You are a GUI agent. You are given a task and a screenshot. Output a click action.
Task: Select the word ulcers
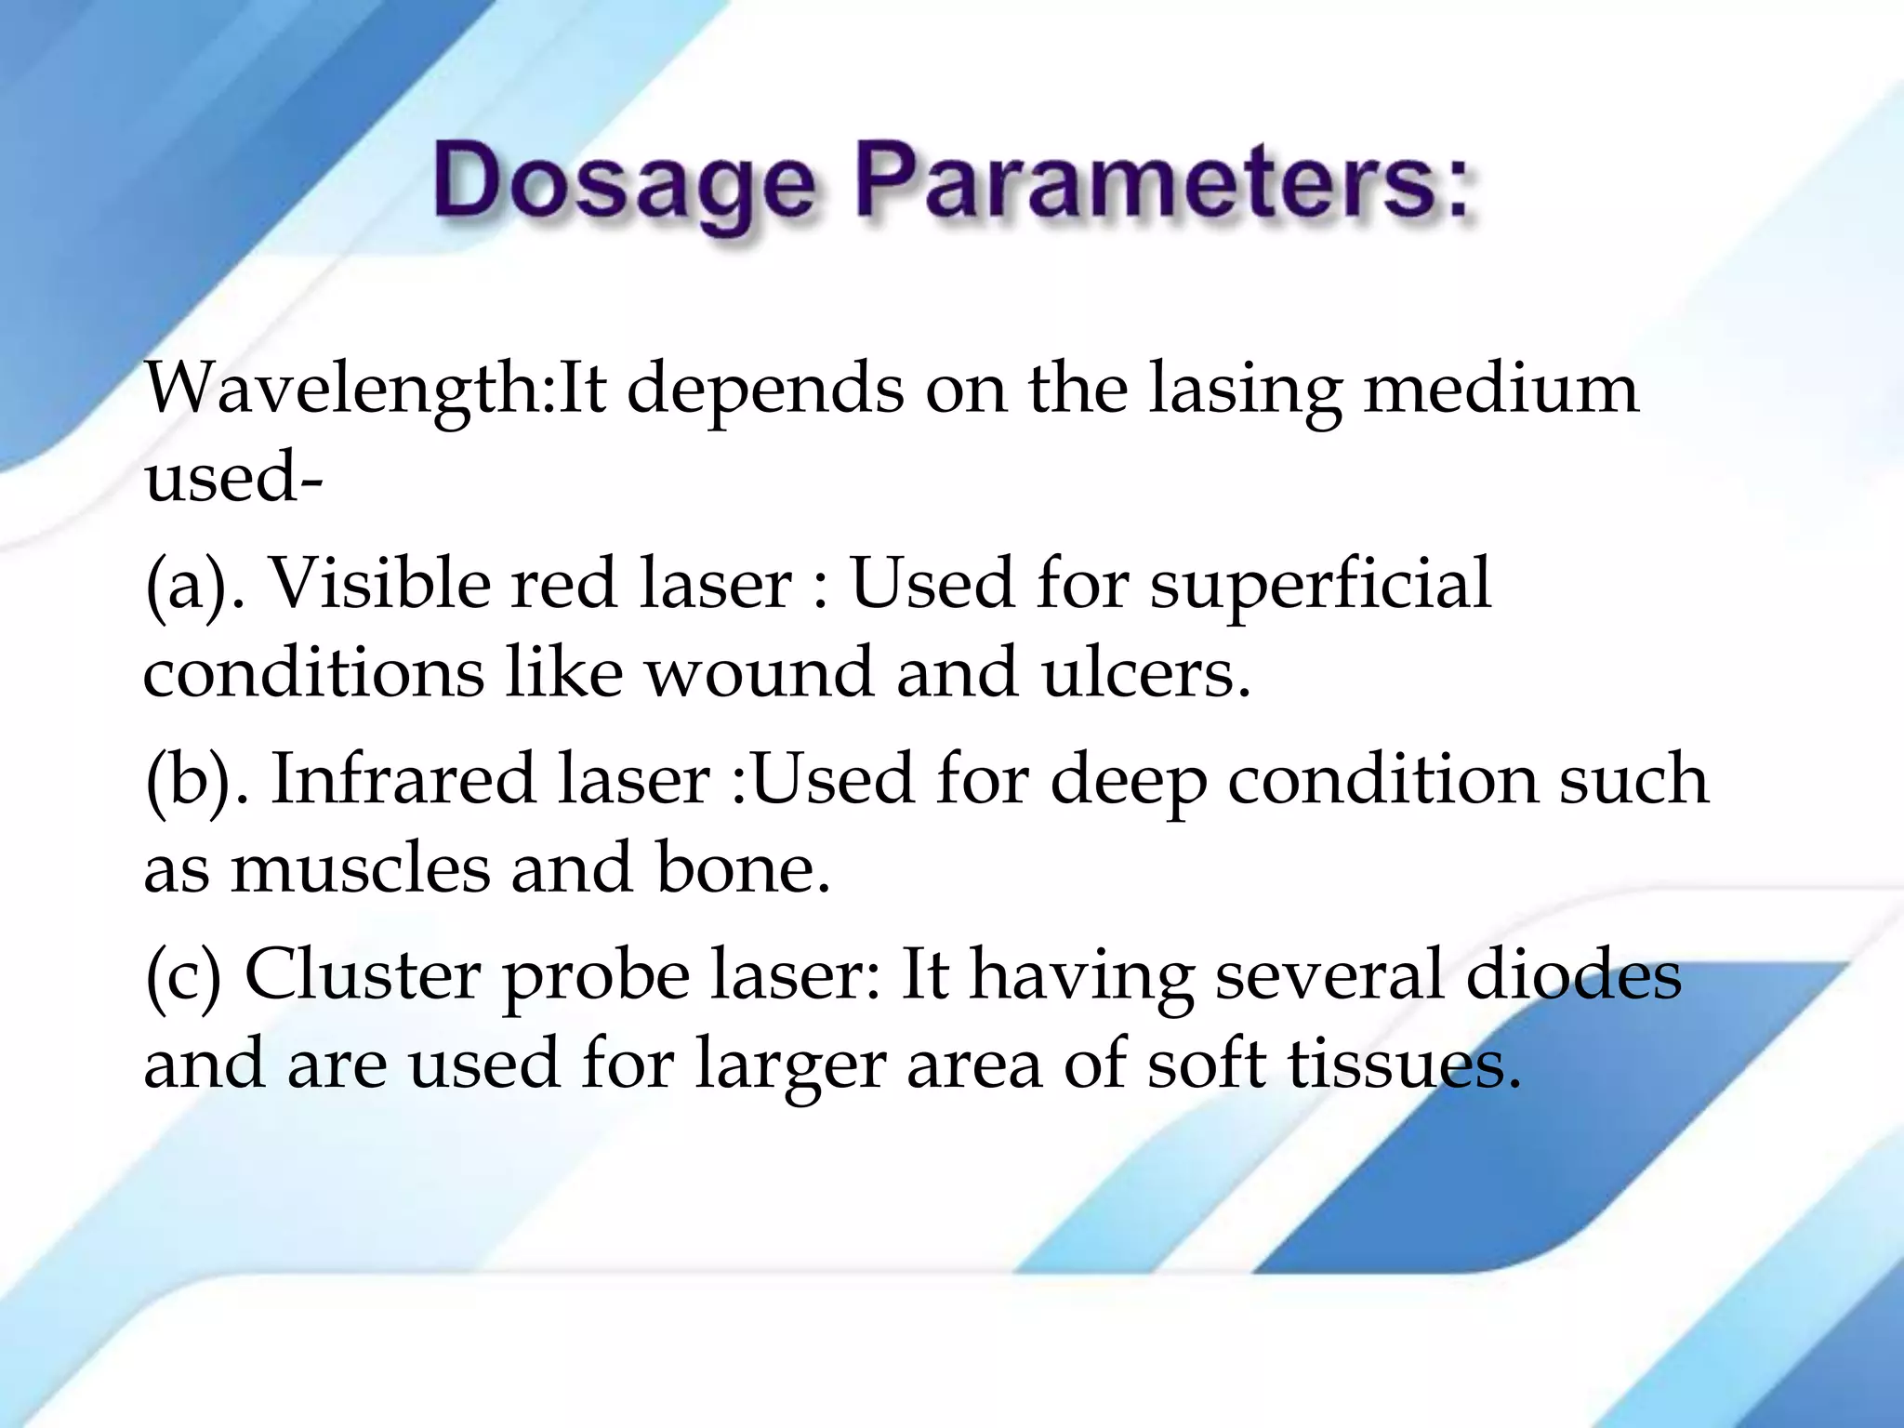1145,672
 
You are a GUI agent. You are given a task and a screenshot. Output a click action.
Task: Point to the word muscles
360,867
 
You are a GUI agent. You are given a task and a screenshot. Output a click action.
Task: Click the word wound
760,672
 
